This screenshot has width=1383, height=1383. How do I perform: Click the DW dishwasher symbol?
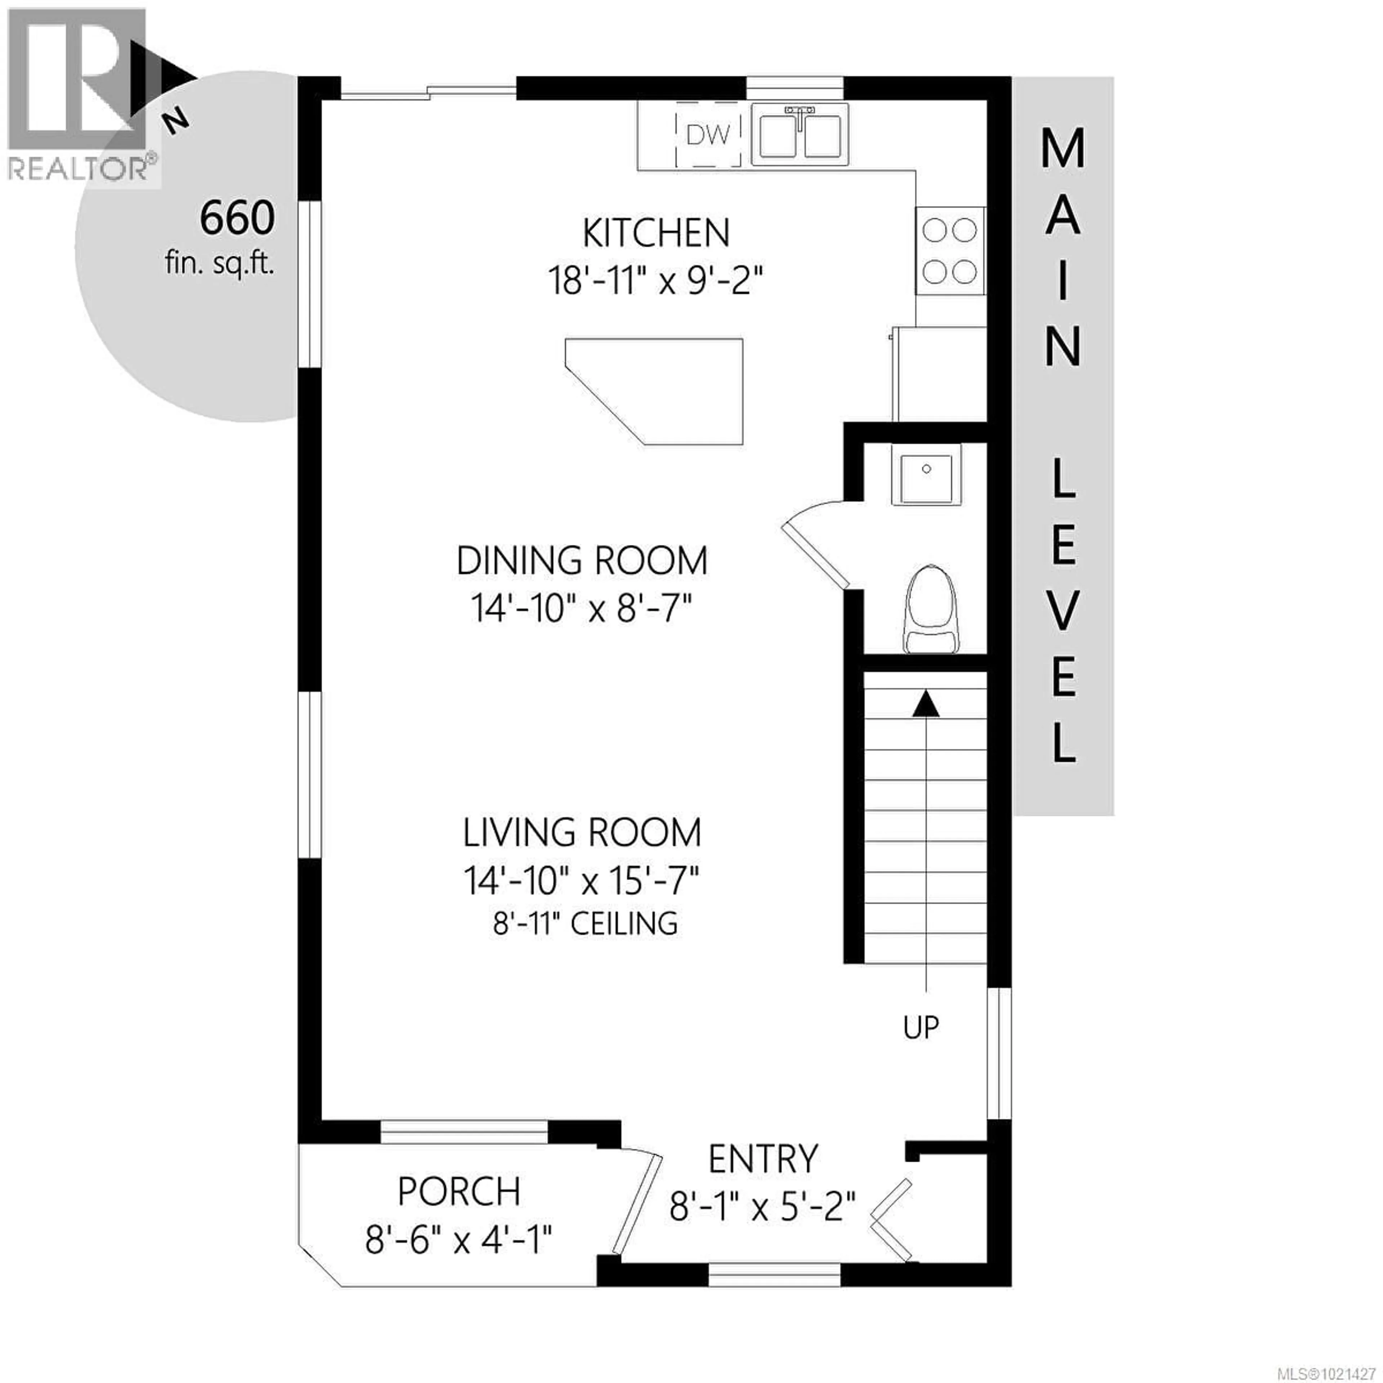click(708, 135)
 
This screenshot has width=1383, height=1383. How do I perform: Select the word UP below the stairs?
click(921, 1027)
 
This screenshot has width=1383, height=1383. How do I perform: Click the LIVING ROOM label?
click(581, 833)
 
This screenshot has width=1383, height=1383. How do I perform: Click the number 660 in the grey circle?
click(237, 218)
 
